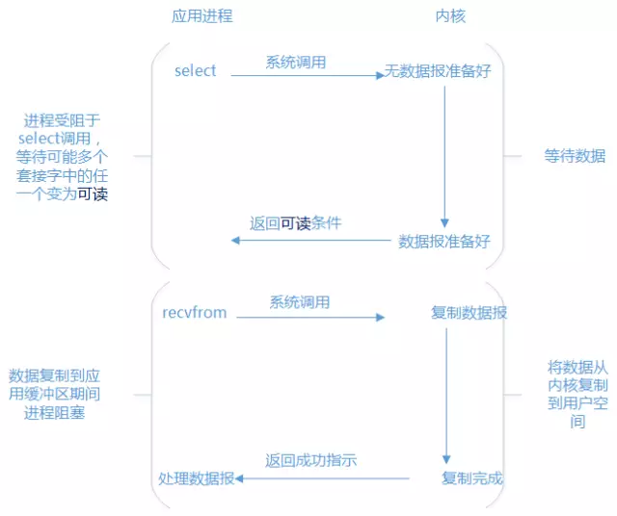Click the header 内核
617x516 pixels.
coord(452,16)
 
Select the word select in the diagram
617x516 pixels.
coord(196,71)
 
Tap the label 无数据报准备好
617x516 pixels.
coord(439,71)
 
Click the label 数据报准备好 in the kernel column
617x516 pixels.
coord(444,241)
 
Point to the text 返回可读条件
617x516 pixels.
coord(296,222)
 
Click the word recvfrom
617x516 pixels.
coord(195,314)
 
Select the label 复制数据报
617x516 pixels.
coord(469,314)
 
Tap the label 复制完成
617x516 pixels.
coord(472,478)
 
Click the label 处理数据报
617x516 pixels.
coord(196,478)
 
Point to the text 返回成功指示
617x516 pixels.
coord(311,460)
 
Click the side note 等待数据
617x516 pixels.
coord(575,155)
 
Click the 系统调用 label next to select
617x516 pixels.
coord(296,62)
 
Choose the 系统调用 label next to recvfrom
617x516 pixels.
coord(300,302)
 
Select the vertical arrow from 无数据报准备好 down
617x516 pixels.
coord(444,154)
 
